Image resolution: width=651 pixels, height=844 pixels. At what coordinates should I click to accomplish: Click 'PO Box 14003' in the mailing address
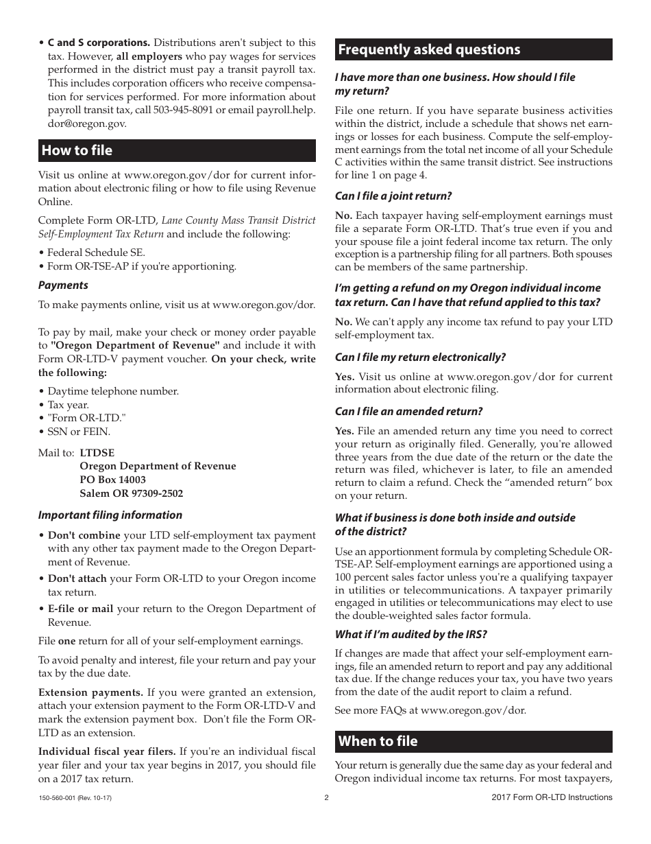click(112, 480)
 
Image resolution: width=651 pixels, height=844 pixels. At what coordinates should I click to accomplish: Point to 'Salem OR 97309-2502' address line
click(131, 493)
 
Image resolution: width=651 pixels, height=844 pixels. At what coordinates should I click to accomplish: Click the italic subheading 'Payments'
click(63, 285)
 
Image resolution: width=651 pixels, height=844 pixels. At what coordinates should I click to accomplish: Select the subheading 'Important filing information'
click(110, 515)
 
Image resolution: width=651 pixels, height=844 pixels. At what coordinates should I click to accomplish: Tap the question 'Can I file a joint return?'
click(393, 196)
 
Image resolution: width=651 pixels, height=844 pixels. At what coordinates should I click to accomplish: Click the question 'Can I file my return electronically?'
click(420, 357)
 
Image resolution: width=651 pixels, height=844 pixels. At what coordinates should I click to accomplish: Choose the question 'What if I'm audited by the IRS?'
click(410, 634)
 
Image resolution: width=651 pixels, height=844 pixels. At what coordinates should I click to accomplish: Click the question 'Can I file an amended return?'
click(408, 411)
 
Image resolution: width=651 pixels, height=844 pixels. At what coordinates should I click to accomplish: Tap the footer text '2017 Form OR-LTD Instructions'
click(552, 797)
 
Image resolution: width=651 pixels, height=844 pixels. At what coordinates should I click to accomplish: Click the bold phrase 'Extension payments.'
click(90, 692)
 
